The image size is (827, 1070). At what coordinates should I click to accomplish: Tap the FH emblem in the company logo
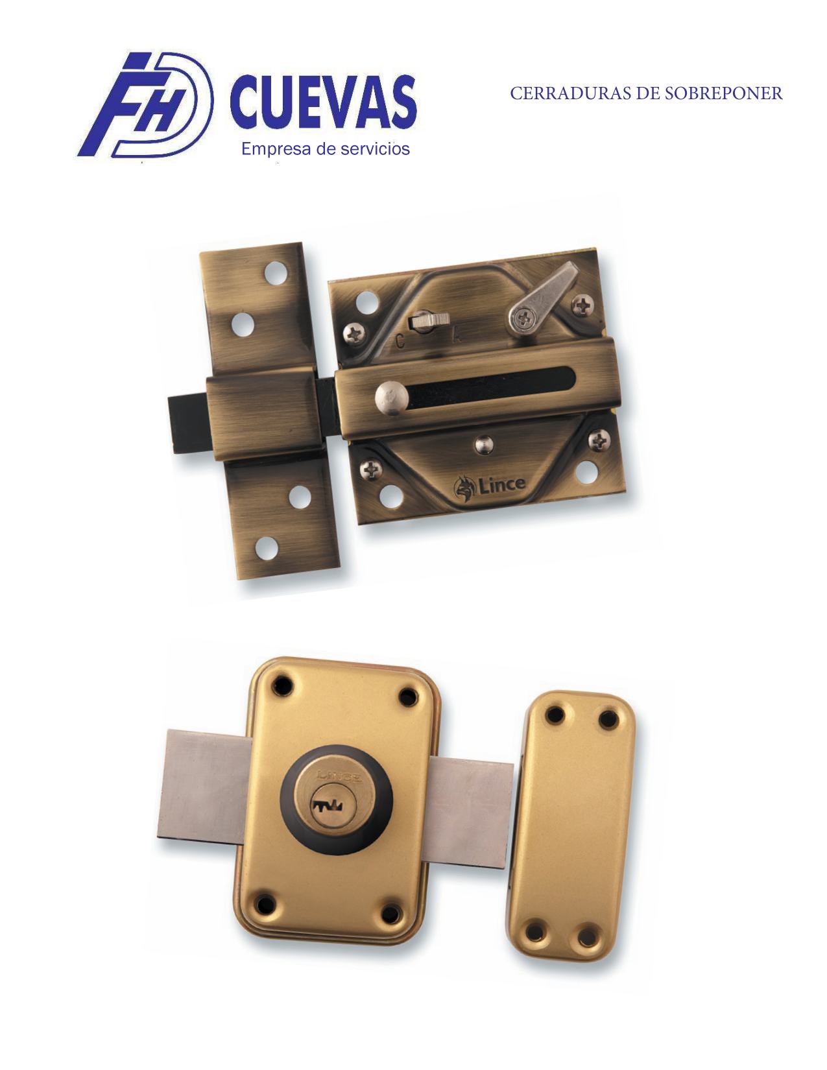[146, 104]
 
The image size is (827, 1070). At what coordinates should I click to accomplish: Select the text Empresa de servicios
[325, 149]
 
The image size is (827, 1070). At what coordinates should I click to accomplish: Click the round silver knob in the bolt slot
[390, 396]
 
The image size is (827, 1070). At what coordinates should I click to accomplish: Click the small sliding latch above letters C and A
[429, 321]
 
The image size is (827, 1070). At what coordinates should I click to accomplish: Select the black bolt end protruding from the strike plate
[188, 425]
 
